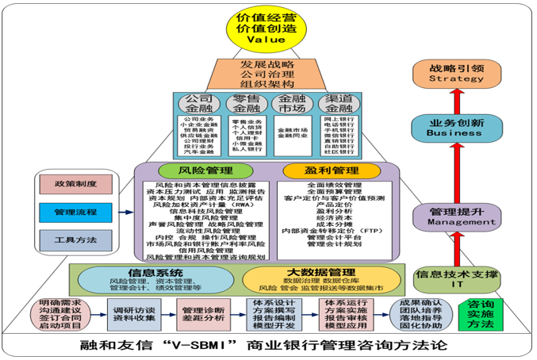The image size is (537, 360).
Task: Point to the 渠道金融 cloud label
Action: point(338,104)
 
